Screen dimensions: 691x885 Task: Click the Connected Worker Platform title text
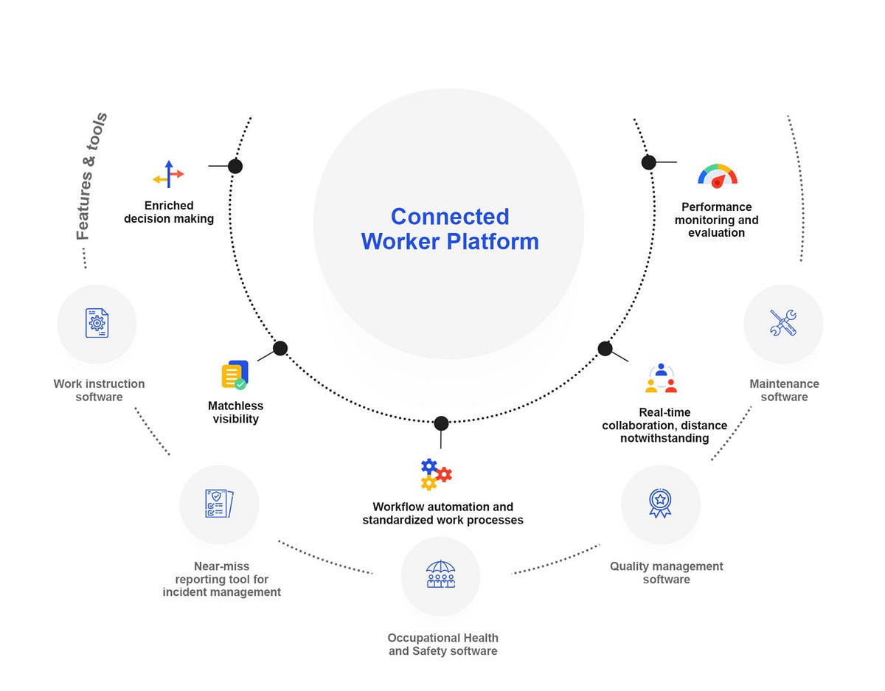[450, 229]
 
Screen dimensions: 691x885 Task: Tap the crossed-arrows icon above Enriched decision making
[169, 175]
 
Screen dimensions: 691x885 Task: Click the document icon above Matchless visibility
[235, 375]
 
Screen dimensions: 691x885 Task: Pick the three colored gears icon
[435, 473]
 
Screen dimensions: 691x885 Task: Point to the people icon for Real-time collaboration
[661, 378]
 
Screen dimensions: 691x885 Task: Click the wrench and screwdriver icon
[783, 323]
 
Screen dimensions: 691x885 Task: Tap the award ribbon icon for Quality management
[660, 503]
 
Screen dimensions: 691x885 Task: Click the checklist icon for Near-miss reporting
[219, 504]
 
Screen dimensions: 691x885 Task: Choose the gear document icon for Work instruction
[97, 323]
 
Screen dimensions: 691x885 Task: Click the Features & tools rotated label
[92, 177]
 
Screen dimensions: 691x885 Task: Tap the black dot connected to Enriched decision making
[235, 166]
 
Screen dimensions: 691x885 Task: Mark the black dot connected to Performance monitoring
[648, 162]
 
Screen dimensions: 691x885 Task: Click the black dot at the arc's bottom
[441, 423]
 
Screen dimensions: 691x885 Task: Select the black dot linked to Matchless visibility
[280, 348]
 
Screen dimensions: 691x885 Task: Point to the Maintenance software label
[784, 390]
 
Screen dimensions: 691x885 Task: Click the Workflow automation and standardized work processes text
[442, 513]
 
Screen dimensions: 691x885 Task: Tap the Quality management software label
[666, 572]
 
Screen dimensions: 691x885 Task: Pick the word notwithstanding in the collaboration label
[664, 438]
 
